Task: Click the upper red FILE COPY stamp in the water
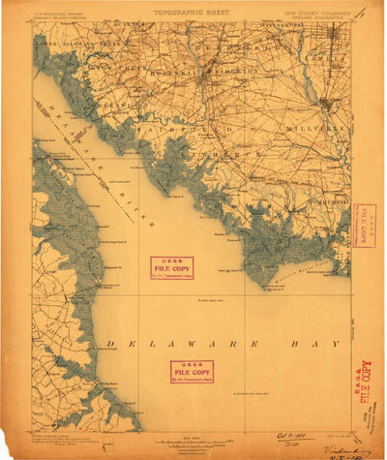[172, 267]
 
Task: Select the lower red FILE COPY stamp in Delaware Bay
[192, 371]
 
